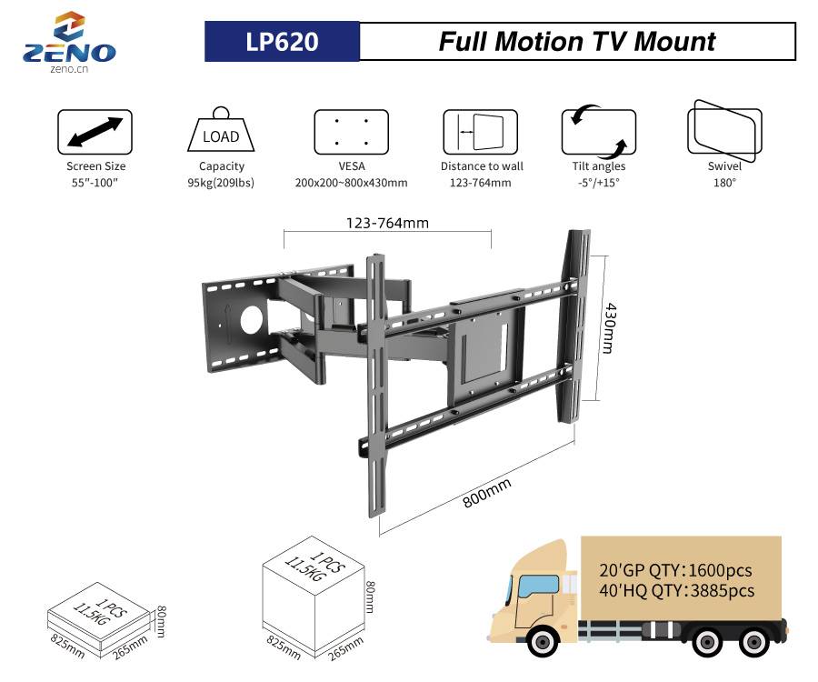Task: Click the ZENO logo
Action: (69, 40)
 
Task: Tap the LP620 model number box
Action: (282, 42)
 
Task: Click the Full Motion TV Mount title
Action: (577, 42)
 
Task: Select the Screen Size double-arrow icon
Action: (95, 132)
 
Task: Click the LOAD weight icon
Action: (221, 131)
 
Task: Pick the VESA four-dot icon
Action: (351, 132)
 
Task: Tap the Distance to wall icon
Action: (480, 132)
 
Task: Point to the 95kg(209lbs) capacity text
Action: (222, 183)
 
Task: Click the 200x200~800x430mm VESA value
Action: (351, 183)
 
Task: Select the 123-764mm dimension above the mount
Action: (387, 223)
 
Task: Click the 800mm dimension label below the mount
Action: (487, 493)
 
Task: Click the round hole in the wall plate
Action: (250, 319)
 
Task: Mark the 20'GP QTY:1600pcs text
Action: (675, 571)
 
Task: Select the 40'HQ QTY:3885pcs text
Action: (676, 590)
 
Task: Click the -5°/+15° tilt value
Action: (598, 183)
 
